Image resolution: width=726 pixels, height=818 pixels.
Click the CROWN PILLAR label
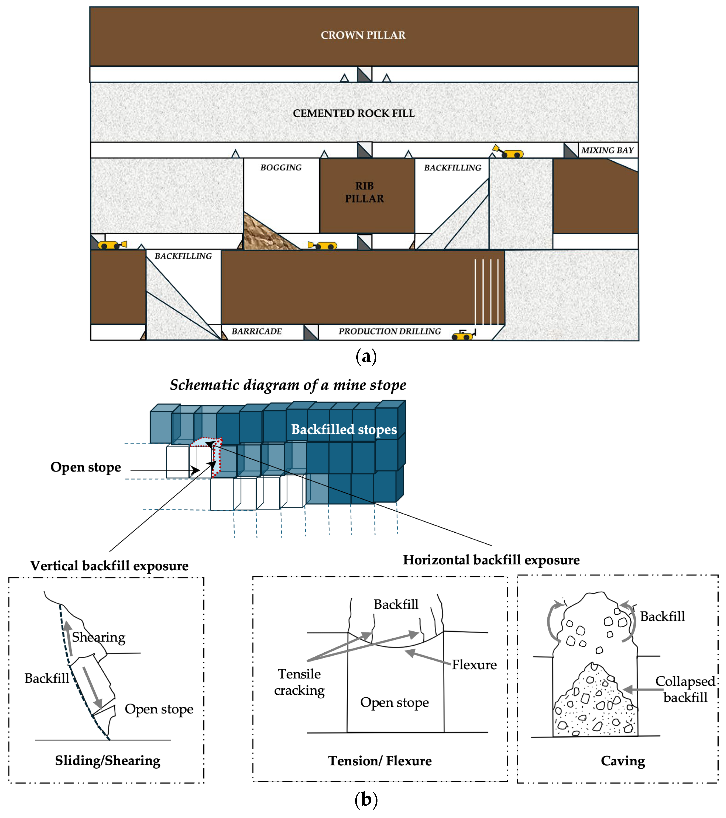pos(363,35)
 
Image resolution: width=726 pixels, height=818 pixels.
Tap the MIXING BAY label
pos(607,151)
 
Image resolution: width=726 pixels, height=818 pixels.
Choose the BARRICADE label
pos(257,331)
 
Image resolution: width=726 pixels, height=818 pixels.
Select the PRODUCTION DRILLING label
pos(390,331)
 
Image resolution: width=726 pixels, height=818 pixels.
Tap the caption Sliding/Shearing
pos(108,760)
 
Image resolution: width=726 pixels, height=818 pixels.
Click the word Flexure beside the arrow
pos(474,665)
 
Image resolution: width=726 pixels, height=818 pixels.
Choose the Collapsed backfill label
pos(685,689)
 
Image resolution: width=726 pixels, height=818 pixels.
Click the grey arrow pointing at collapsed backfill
pos(643,689)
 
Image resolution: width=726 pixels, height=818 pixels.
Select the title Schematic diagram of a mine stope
pos(288,385)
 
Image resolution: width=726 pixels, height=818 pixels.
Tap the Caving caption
pos(623,761)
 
